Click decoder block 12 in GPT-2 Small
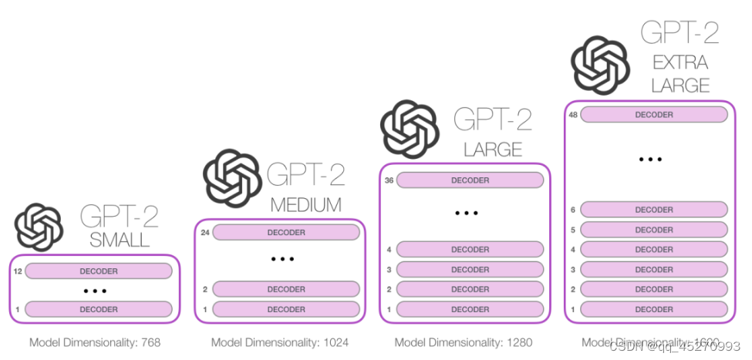click(x=98, y=271)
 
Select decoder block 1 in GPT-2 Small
click(x=98, y=309)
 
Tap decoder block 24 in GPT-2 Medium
click(x=285, y=232)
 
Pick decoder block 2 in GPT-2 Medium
click(x=285, y=289)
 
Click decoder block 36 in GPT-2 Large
click(x=470, y=180)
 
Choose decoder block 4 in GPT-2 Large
click(x=470, y=250)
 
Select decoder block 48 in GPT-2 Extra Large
click(x=653, y=115)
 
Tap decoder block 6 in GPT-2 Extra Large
click(x=653, y=210)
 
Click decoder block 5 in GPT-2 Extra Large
click(x=653, y=230)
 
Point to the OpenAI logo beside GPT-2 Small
click(x=39, y=226)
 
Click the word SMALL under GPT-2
click(x=120, y=240)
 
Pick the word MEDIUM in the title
click(x=305, y=205)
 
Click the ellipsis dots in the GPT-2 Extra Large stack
click(x=650, y=160)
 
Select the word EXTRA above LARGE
click(x=680, y=62)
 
